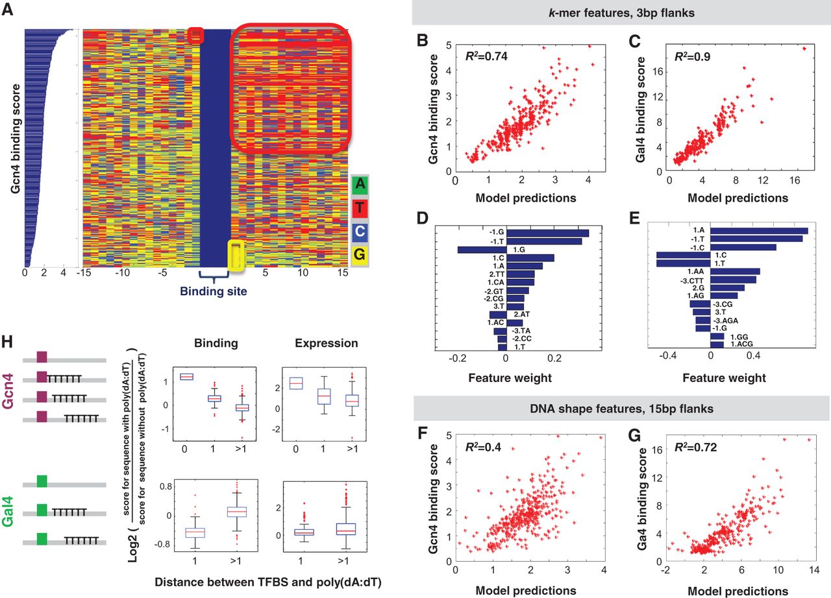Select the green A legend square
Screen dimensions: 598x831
(x=359, y=185)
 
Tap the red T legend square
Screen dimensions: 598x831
(x=359, y=209)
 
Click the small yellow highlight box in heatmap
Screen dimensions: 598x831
(x=236, y=255)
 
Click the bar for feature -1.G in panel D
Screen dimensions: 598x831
(x=547, y=233)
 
